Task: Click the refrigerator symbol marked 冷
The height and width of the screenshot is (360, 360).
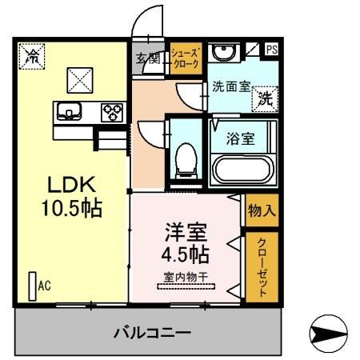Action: coord(32,57)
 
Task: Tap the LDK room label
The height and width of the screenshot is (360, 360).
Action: coord(70,183)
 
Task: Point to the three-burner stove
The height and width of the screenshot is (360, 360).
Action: coord(110,112)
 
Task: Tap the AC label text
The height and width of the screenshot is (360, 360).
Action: coord(45,283)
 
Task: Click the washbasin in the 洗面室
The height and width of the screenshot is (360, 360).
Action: coord(221,53)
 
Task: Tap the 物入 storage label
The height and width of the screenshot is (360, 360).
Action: coord(261,211)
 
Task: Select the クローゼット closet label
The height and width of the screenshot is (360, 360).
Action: coord(262,266)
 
